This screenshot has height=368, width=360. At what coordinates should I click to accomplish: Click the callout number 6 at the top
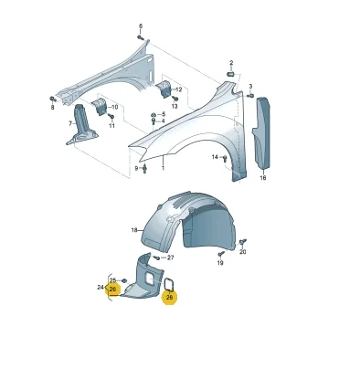pyautogui.click(x=141, y=26)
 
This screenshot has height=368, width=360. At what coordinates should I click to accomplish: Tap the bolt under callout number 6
pyautogui.click(x=141, y=37)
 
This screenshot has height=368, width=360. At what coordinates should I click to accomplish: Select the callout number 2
pyautogui.click(x=231, y=63)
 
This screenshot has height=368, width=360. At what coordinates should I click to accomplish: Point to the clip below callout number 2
pyautogui.click(x=230, y=74)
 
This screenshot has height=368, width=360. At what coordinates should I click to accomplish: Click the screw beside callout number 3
pyautogui.click(x=250, y=96)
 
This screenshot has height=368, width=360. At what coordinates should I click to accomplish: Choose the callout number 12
pyautogui.click(x=178, y=89)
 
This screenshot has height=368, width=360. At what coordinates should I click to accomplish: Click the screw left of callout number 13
pyautogui.click(x=175, y=98)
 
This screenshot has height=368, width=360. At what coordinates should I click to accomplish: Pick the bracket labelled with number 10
pyautogui.click(x=99, y=106)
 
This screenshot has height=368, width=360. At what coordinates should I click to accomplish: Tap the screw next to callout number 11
pyautogui.click(x=111, y=116)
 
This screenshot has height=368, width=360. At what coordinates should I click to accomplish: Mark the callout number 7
pyautogui.click(x=70, y=123)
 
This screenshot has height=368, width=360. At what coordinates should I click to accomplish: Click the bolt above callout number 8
pyautogui.click(x=53, y=99)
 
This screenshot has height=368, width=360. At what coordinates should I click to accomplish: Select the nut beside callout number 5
pyautogui.click(x=154, y=115)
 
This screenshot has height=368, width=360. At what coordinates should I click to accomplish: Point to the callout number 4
pyautogui.click(x=164, y=121)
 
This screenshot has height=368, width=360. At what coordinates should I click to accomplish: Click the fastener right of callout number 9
pyautogui.click(x=144, y=168)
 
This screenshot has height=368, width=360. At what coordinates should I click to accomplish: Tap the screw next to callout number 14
pyautogui.click(x=225, y=158)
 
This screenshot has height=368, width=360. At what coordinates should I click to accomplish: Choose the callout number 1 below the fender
pyautogui.click(x=163, y=168)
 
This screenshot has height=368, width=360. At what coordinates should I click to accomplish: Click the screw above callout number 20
pyautogui.click(x=243, y=242)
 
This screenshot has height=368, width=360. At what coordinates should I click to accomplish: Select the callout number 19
pyautogui.click(x=220, y=262)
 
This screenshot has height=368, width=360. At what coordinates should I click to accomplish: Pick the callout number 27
pyautogui.click(x=171, y=258)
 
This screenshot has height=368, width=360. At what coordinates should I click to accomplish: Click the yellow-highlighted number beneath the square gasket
pyautogui.click(x=169, y=297)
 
